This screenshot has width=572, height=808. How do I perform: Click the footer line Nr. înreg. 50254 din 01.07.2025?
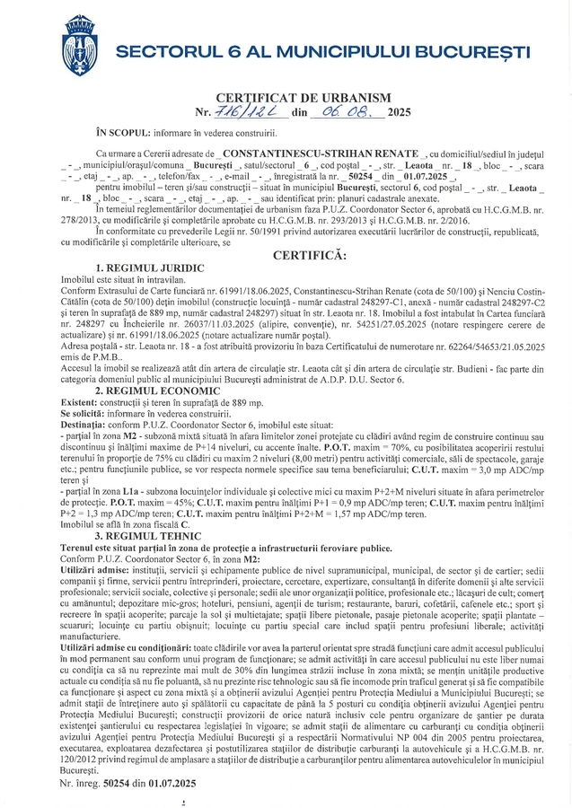127,783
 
